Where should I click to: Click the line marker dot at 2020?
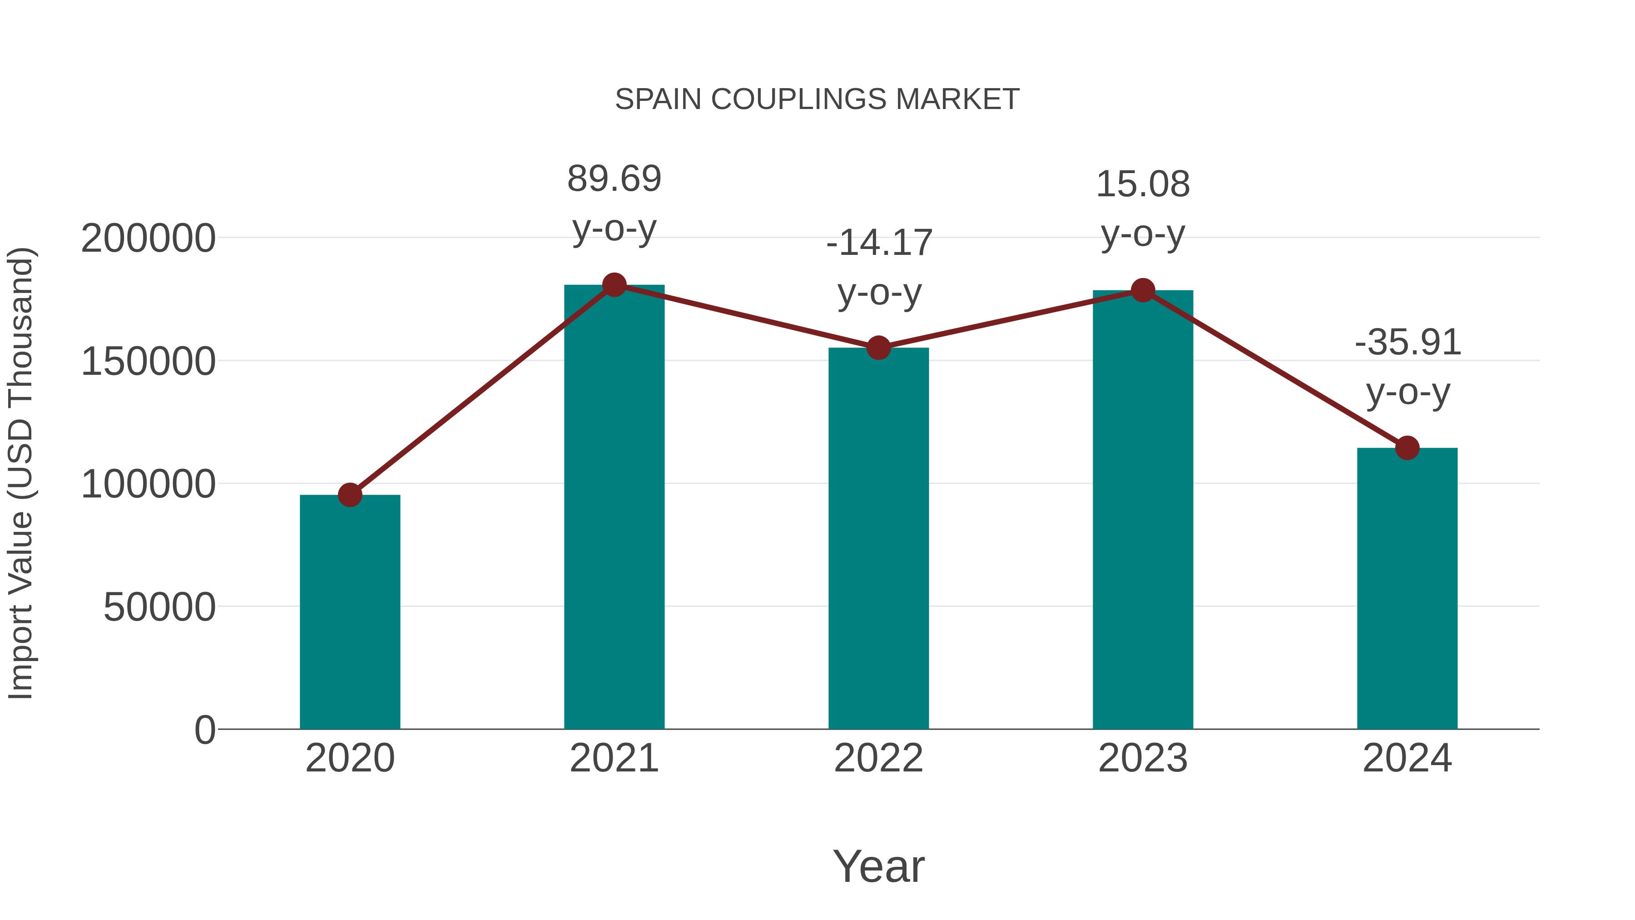pyautogui.click(x=350, y=495)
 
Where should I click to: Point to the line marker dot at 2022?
pyautogui.click(x=878, y=348)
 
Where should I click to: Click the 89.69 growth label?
pyautogui.click(x=614, y=179)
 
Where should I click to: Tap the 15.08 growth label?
pyautogui.click(x=1143, y=185)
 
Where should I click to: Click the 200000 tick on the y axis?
pyautogui.click(x=148, y=239)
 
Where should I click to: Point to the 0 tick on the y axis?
pyautogui.click(x=204, y=730)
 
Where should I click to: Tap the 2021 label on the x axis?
pyautogui.click(x=614, y=758)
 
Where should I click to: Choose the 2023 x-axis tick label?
pyautogui.click(x=1143, y=758)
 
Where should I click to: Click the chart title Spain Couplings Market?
pyautogui.click(x=817, y=99)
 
